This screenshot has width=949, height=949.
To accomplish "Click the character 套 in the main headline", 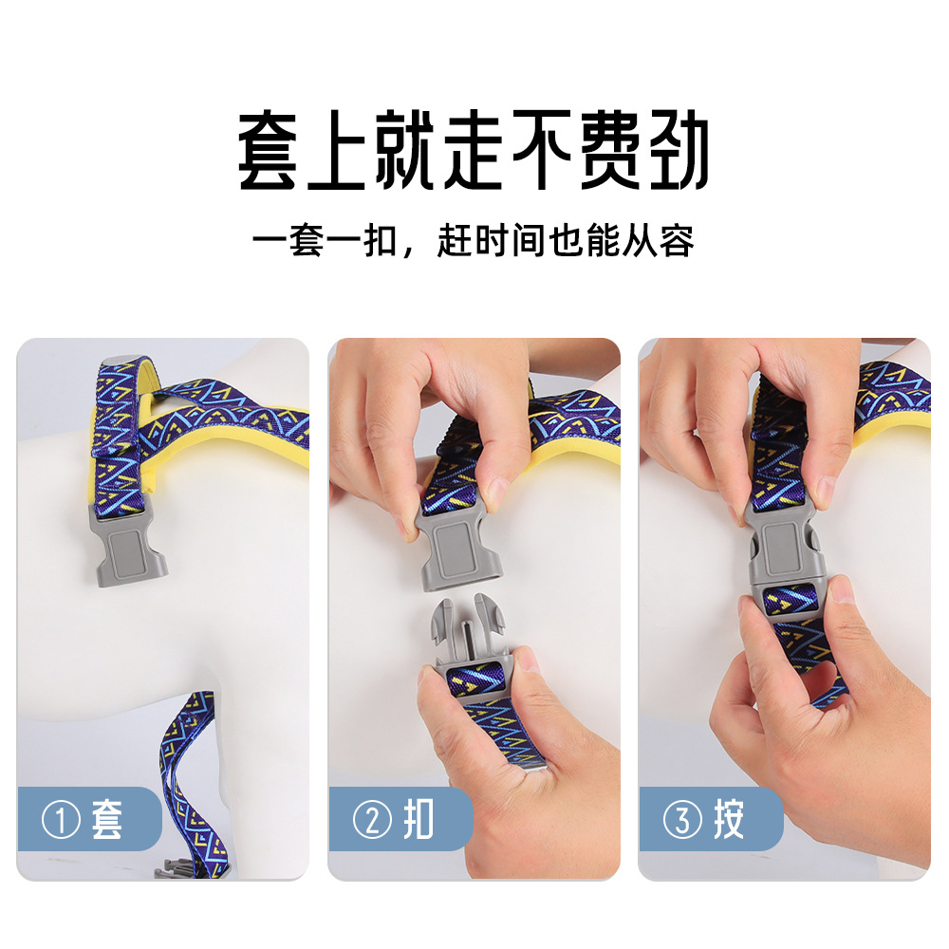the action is (x=268, y=150).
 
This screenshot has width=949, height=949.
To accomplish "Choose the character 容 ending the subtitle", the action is (x=677, y=241).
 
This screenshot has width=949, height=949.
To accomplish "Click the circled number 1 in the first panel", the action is (x=61, y=820).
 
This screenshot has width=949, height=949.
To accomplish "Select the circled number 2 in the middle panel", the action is (x=372, y=820).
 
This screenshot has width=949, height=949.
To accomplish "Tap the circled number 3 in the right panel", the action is (x=682, y=820).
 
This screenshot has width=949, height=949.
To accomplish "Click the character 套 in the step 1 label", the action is (x=107, y=819).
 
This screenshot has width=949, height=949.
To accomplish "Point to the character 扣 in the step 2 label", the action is (x=419, y=819).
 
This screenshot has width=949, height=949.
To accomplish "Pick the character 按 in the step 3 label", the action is (x=729, y=819).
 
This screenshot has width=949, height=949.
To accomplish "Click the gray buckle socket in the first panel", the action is (x=127, y=545).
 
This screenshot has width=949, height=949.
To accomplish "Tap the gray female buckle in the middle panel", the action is (x=458, y=549).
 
